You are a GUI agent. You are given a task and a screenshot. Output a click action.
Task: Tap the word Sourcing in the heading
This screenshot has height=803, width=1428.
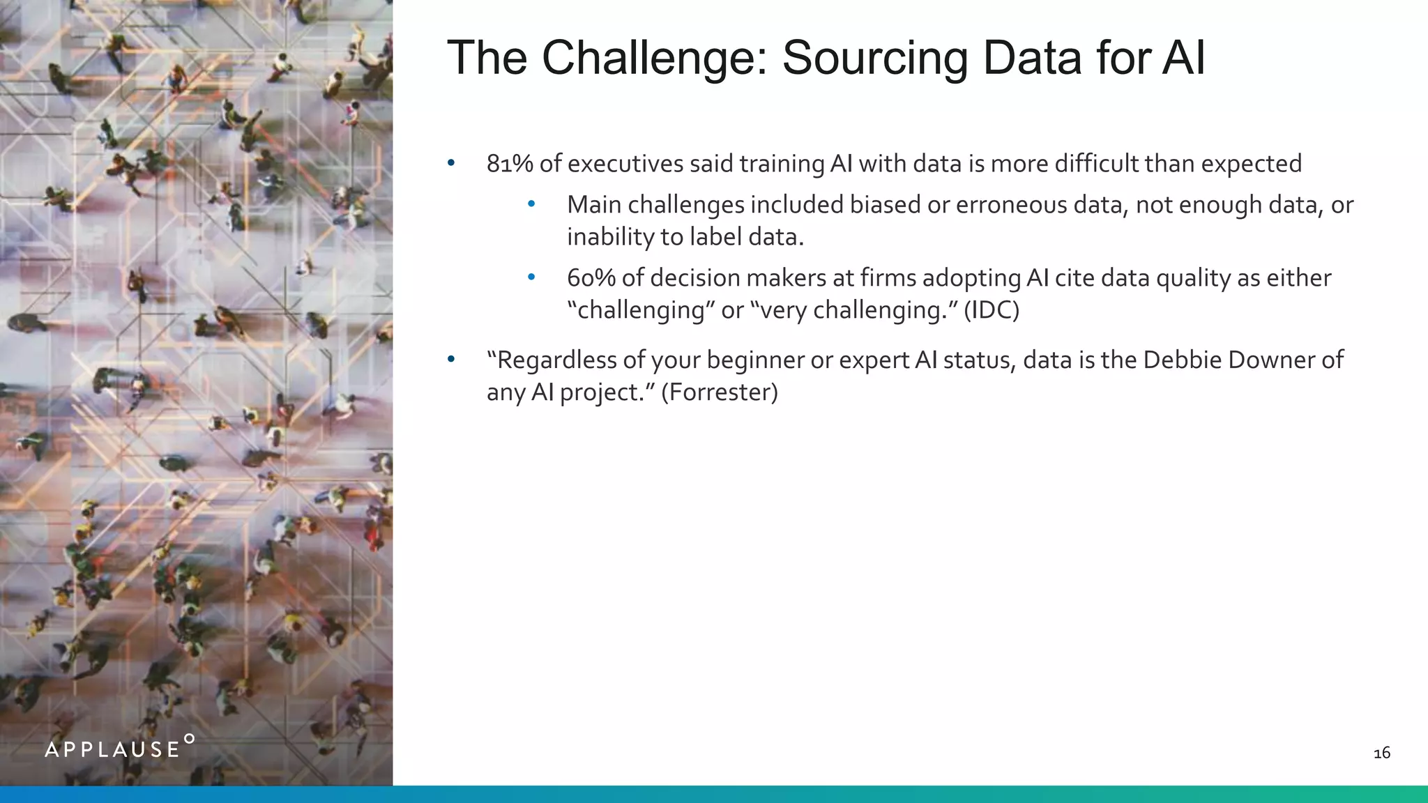click(x=874, y=59)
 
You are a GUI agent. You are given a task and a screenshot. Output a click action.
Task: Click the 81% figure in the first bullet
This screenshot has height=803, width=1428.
click(x=510, y=164)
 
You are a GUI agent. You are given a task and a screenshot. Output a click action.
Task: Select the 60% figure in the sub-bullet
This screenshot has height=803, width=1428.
click(x=591, y=278)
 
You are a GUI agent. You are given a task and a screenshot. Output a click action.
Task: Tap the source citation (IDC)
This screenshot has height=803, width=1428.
click(x=991, y=309)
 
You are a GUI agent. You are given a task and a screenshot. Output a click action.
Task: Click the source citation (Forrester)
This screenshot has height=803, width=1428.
click(x=719, y=392)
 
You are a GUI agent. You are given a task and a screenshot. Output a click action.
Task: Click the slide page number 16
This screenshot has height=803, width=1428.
click(x=1381, y=753)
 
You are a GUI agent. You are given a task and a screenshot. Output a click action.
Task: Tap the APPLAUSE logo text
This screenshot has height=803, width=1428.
click(x=112, y=750)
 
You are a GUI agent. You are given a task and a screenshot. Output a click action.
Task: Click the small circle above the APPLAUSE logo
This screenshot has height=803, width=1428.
click(x=189, y=738)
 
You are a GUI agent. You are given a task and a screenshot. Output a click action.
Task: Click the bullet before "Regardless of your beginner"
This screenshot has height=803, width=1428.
click(x=451, y=360)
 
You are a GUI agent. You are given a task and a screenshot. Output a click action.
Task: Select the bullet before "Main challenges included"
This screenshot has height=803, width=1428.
click(x=531, y=204)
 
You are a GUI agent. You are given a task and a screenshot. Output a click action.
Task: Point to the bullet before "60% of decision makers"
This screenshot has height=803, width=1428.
click(x=531, y=277)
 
